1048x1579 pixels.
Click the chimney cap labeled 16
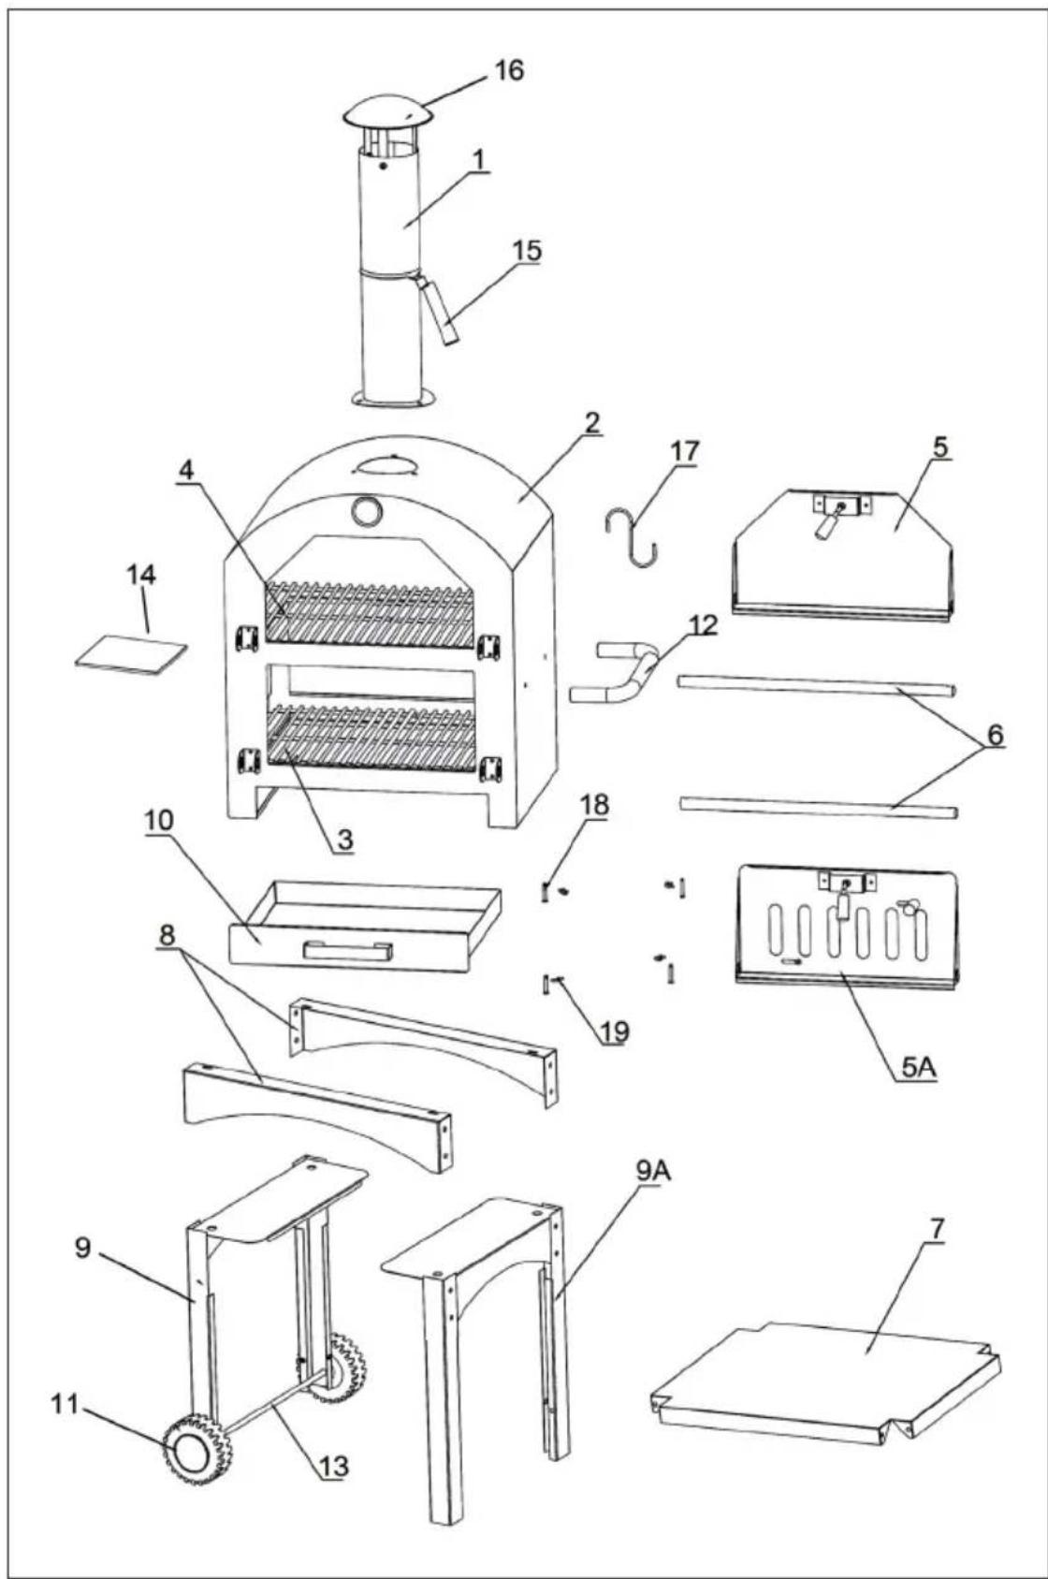tap(387, 113)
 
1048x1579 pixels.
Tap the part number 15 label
tap(527, 251)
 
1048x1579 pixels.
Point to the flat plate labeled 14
tap(131, 652)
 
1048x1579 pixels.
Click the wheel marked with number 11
tap(197, 1451)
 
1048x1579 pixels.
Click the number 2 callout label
tap(591, 423)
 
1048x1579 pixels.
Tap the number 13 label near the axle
tap(334, 1465)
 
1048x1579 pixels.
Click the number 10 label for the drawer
tap(159, 821)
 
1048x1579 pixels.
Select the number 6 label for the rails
tap(993, 735)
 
